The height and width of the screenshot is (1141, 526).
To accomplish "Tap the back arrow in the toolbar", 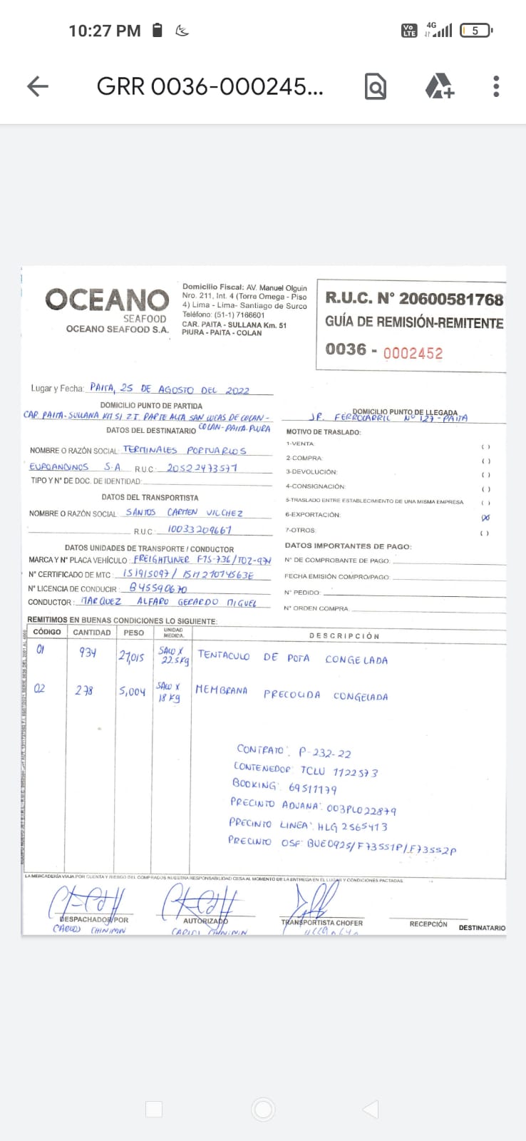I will [38, 86].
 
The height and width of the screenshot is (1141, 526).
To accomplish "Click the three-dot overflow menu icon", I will [496, 86].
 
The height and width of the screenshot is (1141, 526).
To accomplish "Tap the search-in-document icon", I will [375, 86].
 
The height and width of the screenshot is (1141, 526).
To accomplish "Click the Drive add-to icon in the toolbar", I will [439, 86].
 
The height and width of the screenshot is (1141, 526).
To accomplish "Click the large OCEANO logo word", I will [107, 300].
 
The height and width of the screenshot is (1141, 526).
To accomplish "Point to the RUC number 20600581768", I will [450, 299].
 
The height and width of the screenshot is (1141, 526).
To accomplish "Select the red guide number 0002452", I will [413, 353].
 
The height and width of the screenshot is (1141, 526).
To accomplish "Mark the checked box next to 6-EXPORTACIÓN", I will [485, 517].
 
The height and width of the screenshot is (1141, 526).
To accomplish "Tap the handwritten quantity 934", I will [88, 653].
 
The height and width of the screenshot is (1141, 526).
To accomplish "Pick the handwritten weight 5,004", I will [132, 691].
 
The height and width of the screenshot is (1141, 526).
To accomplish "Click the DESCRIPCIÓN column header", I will [344, 635].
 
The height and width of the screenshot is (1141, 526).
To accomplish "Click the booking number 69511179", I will [313, 789].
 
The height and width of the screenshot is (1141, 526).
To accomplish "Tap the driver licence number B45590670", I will [158, 588].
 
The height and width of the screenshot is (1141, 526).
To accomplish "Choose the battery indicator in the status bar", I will [476, 31].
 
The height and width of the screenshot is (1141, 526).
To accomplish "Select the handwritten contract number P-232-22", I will [324, 752].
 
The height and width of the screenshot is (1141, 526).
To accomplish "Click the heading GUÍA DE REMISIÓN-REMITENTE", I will [414, 322].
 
